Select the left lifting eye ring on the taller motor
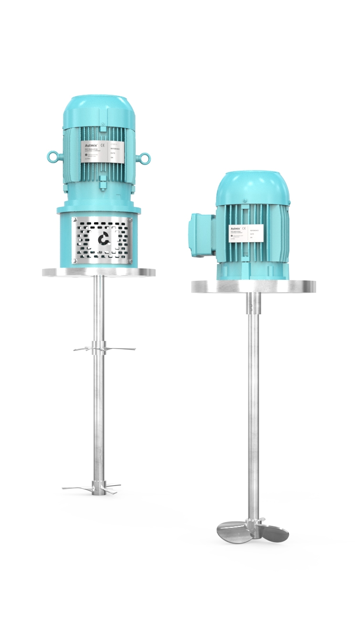click(52, 155)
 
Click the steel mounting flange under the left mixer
click(99, 272)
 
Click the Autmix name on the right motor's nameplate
click(237, 228)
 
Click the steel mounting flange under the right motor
click(253, 286)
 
